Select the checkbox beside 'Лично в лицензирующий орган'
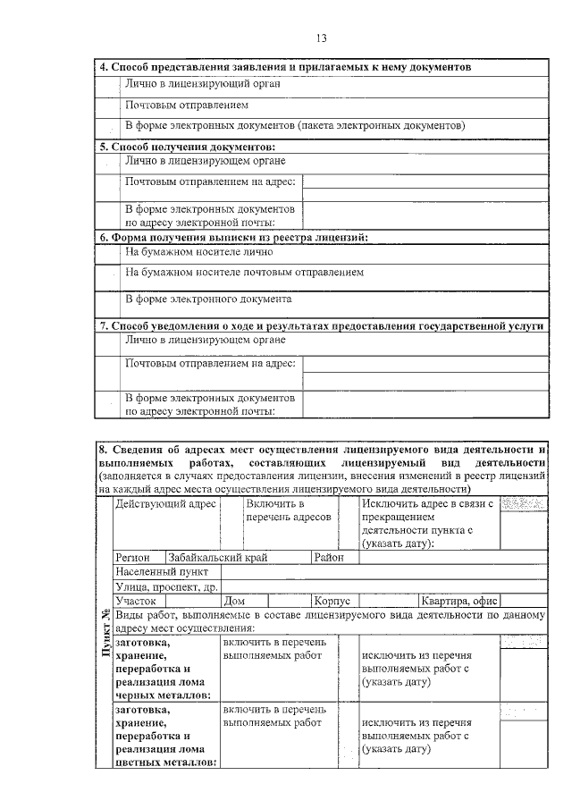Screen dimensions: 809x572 coord(108,83)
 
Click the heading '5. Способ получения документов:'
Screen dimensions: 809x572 coord(187,147)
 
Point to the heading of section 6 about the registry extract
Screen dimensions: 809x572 coord(233,238)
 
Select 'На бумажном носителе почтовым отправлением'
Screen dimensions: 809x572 coord(244,272)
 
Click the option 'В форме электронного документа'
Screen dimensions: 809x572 coord(207,299)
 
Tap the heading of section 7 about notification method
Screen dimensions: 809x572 coord(321,326)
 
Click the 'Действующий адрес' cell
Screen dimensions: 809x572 coord(165,505)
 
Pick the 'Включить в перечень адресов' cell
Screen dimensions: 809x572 coord(288,511)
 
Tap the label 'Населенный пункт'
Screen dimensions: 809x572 coord(162,571)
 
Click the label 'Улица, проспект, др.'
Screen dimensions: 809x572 coord(167,586)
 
